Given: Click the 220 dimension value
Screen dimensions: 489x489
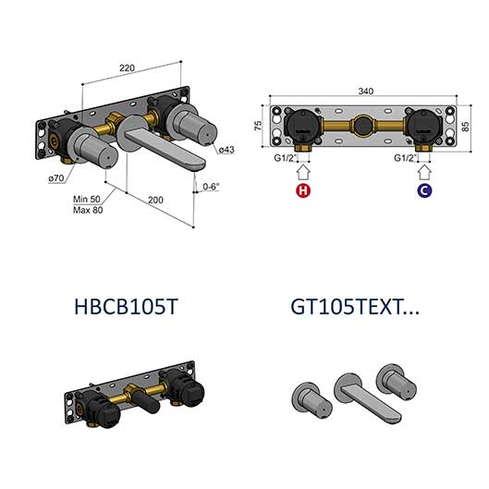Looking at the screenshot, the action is (x=127, y=67).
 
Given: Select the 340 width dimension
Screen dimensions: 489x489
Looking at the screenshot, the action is (x=365, y=92).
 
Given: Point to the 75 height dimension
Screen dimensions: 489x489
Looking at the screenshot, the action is (x=259, y=126).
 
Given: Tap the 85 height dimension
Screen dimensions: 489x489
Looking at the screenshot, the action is (x=465, y=127).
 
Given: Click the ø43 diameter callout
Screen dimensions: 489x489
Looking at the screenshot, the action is (x=226, y=150).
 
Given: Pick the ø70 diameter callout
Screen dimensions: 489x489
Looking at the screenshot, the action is (x=56, y=178).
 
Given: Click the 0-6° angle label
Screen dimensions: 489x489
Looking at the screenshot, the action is (x=211, y=187).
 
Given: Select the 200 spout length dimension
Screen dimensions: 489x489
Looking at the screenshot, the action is (x=155, y=200).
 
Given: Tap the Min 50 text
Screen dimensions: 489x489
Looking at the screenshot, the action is (x=87, y=199).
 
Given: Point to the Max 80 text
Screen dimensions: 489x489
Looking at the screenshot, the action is (x=88, y=210).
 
